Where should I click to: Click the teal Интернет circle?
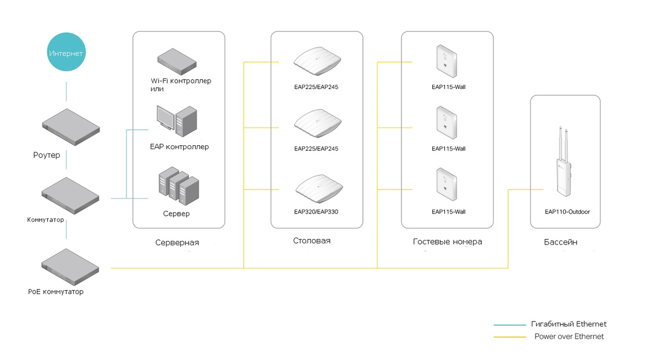click(66, 52)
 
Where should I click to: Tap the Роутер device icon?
click(71, 127)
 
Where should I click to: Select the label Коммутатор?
click(46, 220)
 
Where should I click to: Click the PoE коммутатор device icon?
click(70, 267)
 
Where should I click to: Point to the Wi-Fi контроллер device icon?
click(177, 62)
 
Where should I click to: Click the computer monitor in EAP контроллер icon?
click(165, 118)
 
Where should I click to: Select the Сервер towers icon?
click(178, 186)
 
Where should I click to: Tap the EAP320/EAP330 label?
click(316, 211)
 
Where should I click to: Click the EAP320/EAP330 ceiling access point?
click(319, 188)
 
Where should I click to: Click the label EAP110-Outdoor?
click(567, 212)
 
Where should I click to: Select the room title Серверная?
click(177, 242)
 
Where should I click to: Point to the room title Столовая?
click(311, 241)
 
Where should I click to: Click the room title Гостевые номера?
click(447, 241)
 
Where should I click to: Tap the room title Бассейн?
click(560, 242)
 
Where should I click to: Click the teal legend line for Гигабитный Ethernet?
click(510, 325)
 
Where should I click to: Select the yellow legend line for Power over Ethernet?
click(510, 337)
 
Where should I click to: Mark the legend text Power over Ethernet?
click(569, 337)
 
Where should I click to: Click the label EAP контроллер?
click(180, 147)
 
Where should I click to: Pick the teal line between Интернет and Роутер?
click(66, 91)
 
